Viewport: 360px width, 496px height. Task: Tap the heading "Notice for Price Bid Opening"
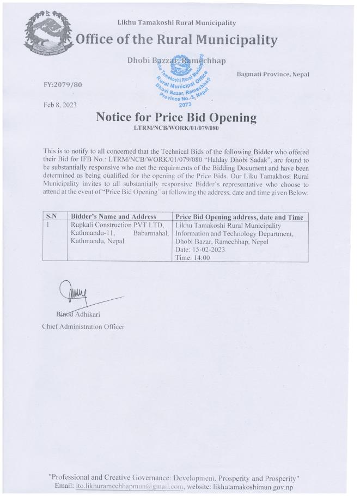pos(176,117)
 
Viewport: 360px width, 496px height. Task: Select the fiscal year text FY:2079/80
pos(63,85)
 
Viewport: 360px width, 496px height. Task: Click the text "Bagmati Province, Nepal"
pos(273,74)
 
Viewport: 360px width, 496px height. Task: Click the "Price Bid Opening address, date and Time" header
pos(240,217)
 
